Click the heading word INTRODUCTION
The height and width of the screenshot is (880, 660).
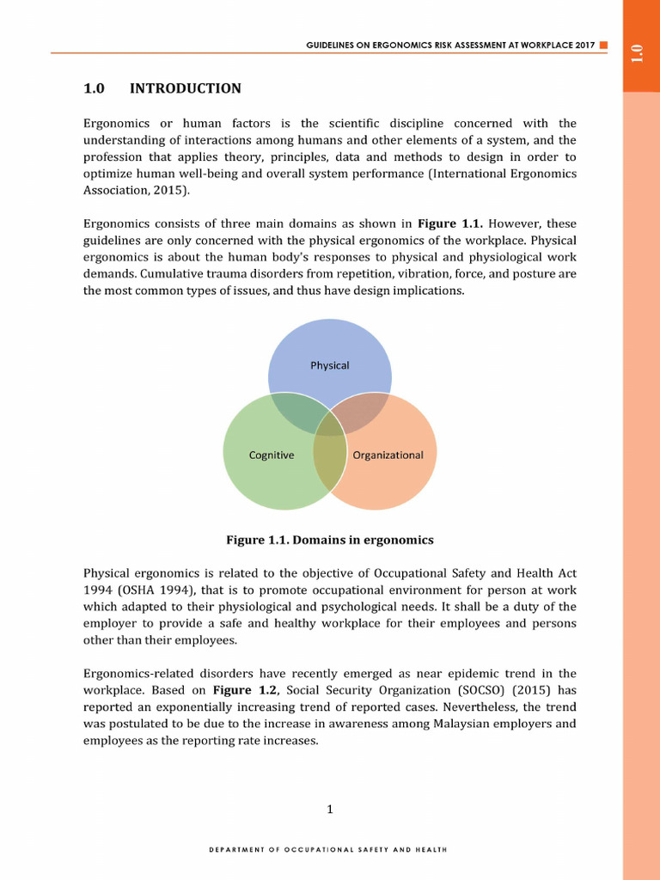tap(185, 89)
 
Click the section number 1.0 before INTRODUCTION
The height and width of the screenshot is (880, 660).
tap(94, 89)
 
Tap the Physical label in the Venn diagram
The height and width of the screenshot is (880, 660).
tap(329, 365)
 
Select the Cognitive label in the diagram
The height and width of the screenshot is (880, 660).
tap(272, 455)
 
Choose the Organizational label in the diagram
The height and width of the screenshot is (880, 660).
tap(388, 455)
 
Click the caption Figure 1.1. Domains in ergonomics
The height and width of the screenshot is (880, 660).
tap(329, 540)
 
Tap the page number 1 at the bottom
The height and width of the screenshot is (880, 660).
tap(330, 809)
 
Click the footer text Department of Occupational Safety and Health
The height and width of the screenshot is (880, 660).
tap(329, 849)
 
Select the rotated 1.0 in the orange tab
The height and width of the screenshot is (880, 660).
tap(636, 52)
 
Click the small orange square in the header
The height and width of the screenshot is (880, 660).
tap(603, 44)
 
